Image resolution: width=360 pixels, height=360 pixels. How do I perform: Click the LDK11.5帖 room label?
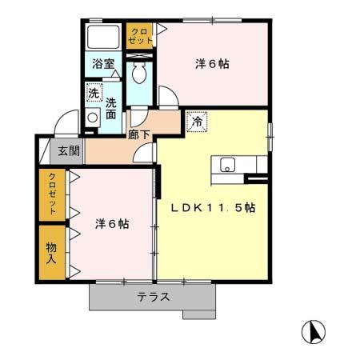click(x=214, y=207)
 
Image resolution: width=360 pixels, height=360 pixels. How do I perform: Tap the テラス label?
click(x=152, y=297)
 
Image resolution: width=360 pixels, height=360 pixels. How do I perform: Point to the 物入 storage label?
click(x=51, y=252)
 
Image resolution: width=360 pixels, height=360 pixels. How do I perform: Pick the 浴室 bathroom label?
click(x=102, y=64)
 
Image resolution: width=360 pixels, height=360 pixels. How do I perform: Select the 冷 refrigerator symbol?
click(x=195, y=122)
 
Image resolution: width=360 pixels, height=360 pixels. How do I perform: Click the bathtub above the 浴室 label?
click(x=103, y=38)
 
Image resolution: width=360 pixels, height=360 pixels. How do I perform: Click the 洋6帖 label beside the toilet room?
click(x=213, y=64)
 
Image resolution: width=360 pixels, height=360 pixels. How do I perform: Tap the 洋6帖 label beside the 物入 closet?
click(x=112, y=224)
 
